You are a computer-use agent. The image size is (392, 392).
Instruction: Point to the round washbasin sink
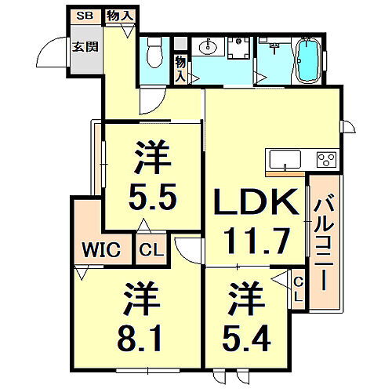tap(209, 45)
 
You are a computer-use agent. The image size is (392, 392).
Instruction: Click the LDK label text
tap(256, 204)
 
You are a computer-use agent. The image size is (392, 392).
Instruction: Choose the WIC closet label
tap(100, 251)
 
